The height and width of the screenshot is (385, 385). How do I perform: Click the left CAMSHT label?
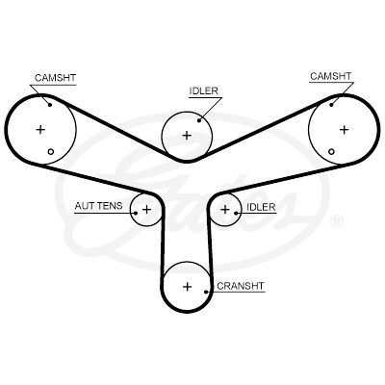[55, 78]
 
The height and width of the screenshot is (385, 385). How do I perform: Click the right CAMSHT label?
[331, 76]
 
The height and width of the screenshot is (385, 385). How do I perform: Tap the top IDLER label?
[203, 90]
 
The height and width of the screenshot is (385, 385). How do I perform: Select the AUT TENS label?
[98, 206]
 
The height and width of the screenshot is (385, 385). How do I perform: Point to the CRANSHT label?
[241, 286]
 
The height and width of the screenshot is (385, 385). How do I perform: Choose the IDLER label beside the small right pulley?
[261, 207]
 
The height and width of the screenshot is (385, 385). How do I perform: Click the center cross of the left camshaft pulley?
[40, 130]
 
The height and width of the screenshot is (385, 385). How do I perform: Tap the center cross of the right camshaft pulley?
[345, 130]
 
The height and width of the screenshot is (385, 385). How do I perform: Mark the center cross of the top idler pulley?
[187, 136]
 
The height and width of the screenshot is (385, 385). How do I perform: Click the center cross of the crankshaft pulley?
[187, 287]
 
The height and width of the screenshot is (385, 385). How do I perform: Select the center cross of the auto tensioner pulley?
[146, 210]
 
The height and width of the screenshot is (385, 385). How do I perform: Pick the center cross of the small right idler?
[225, 210]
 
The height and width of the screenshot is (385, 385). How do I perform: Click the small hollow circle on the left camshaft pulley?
[51, 152]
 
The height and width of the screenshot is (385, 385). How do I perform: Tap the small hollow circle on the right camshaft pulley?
[332, 152]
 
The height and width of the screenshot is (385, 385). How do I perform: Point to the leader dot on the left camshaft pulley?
[50, 105]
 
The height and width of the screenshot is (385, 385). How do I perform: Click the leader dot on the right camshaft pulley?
[331, 105]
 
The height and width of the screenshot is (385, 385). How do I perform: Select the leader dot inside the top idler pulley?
[199, 120]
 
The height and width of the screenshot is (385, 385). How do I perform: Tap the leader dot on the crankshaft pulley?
[206, 292]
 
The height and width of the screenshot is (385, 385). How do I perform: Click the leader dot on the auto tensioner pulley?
[136, 213]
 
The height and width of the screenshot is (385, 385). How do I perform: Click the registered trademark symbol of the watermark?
[337, 222]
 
